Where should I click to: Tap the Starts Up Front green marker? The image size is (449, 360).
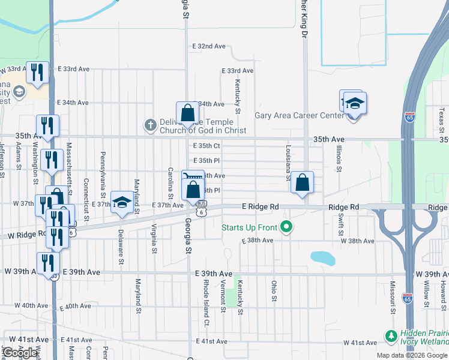click(286, 227)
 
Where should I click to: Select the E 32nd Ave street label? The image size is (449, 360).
click(209, 46)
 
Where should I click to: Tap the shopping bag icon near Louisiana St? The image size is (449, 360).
click(302, 183)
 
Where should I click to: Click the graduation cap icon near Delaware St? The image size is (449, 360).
click(122, 202)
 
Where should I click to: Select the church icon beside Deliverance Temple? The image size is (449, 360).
click(149, 125)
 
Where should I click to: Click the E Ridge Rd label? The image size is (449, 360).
click(261, 206)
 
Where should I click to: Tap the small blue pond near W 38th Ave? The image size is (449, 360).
click(322, 258)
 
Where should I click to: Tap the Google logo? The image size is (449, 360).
click(20, 353)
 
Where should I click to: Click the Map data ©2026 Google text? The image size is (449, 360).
click(412, 355)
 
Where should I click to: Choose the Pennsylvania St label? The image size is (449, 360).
click(103, 169)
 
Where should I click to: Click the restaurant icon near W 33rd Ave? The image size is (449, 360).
click(39, 73)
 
